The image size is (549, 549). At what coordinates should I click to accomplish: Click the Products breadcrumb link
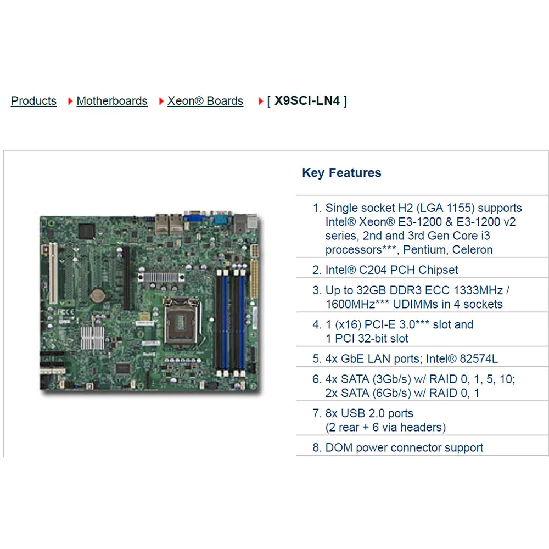(x=33, y=101)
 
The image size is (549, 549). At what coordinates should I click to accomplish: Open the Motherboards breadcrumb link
(x=112, y=101)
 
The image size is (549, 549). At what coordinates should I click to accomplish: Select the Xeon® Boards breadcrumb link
(x=205, y=101)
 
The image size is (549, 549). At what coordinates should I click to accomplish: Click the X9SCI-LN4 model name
(x=307, y=101)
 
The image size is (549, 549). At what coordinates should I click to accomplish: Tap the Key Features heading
(x=341, y=173)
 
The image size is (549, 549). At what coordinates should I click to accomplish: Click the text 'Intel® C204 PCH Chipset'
(x=391, y=270)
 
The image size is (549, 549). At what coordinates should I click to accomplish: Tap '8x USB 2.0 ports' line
(x=369, y=413)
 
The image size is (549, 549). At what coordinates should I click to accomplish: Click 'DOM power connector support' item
(x=404, y=447)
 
